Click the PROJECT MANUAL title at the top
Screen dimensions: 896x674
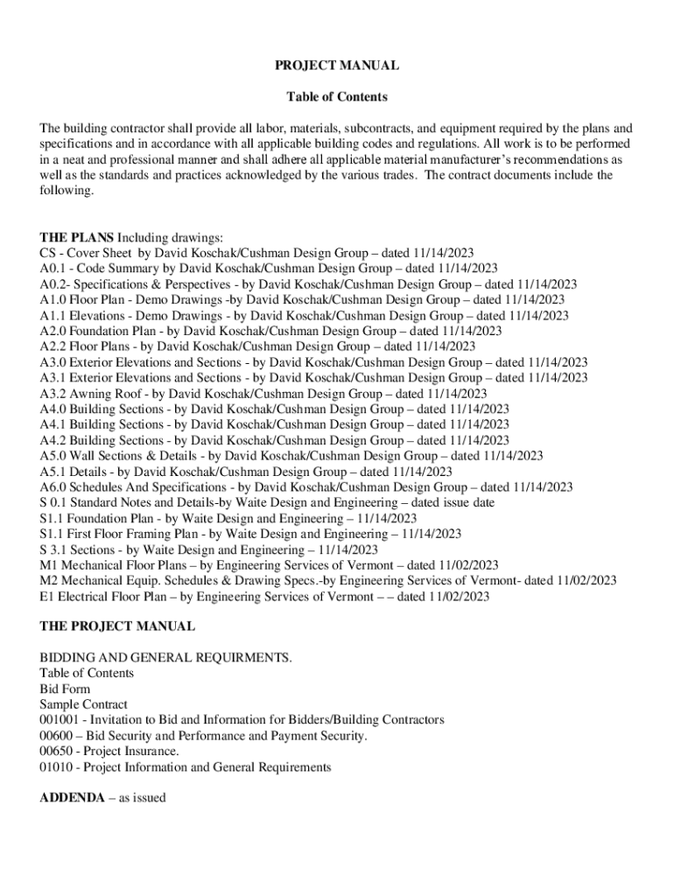[x=337, y=66]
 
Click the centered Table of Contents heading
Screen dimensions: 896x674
[x=337, y=97]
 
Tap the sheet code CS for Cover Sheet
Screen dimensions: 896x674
[x=47, y=253]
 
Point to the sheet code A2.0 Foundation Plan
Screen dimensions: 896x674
[x=53, y=331]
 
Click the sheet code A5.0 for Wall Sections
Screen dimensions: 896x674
[x=53, y=456]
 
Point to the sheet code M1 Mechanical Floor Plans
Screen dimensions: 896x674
[x=48, y=565]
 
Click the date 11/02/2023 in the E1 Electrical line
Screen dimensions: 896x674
[x=456, y=597]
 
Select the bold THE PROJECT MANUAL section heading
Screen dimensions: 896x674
[x=117, y=626]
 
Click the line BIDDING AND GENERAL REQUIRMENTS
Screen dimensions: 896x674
[x=166, y=657]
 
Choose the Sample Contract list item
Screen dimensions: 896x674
[x=83, y=704]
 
